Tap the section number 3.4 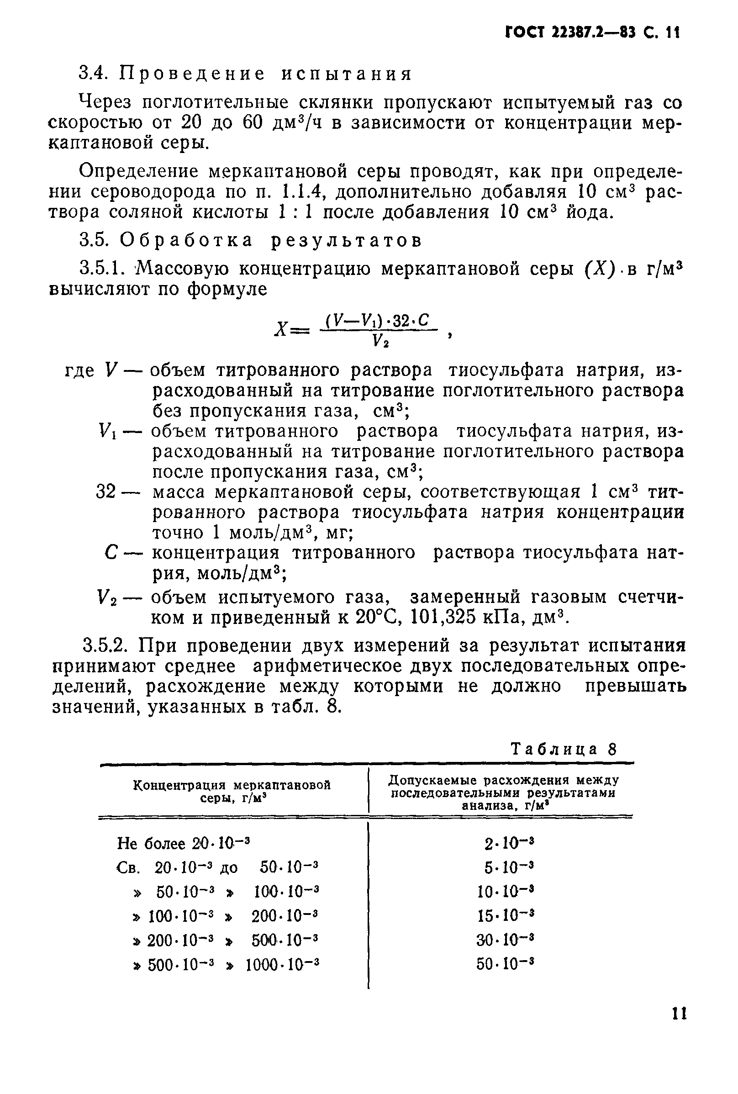click(94, 74)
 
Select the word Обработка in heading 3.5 click(186, 241)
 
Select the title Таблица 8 click(563, 749)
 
